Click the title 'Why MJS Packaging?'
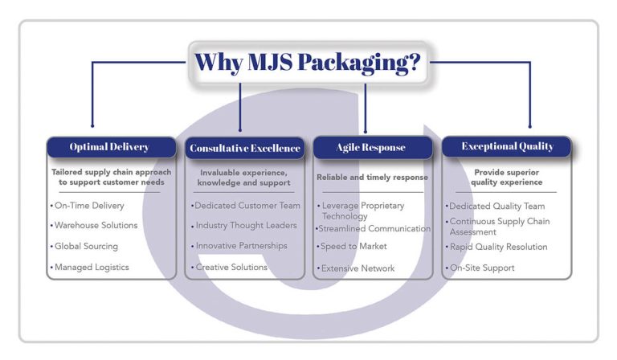[308, 62]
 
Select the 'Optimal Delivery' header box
[110, 147]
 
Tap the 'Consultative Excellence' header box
[244, 148]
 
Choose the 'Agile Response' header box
[370, 148]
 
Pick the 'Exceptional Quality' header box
[507, 146]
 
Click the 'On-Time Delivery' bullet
[88, 206]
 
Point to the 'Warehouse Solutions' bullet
[95, 226]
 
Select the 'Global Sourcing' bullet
[85, 247]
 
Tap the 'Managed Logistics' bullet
[90, 267]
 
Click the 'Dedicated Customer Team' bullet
[245, 206]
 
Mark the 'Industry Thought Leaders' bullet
[244, 226]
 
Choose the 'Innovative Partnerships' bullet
[241, 246]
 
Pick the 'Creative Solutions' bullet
[231, 267]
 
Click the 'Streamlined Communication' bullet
[374, 229]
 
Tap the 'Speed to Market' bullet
[353, 247]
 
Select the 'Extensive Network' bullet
[358, 268]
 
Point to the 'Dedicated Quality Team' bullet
[496, 207]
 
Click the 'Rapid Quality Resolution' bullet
[498, 247]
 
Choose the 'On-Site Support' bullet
[482, 268]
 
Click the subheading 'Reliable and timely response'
[372, 177]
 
